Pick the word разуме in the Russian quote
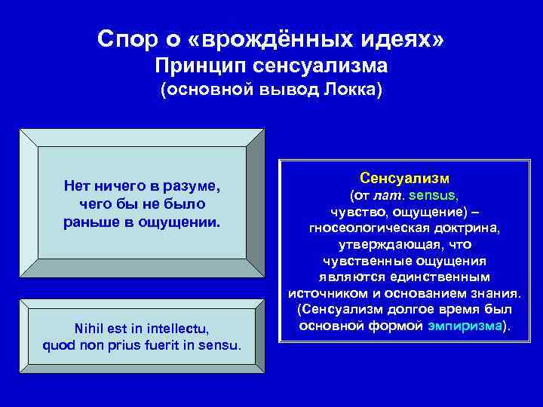193,186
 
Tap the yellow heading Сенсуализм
404,179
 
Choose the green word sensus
432,195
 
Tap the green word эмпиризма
471,326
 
